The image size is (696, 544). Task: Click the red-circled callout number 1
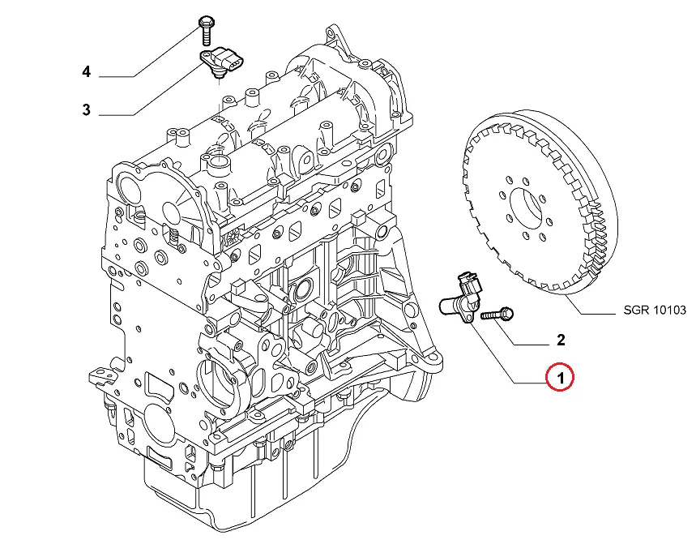point(559,378)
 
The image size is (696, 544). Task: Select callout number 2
point(559,340)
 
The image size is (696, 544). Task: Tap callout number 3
point(86,109)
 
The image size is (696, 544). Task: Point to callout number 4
point(86,73)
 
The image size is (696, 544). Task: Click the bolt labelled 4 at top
point(203,29)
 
